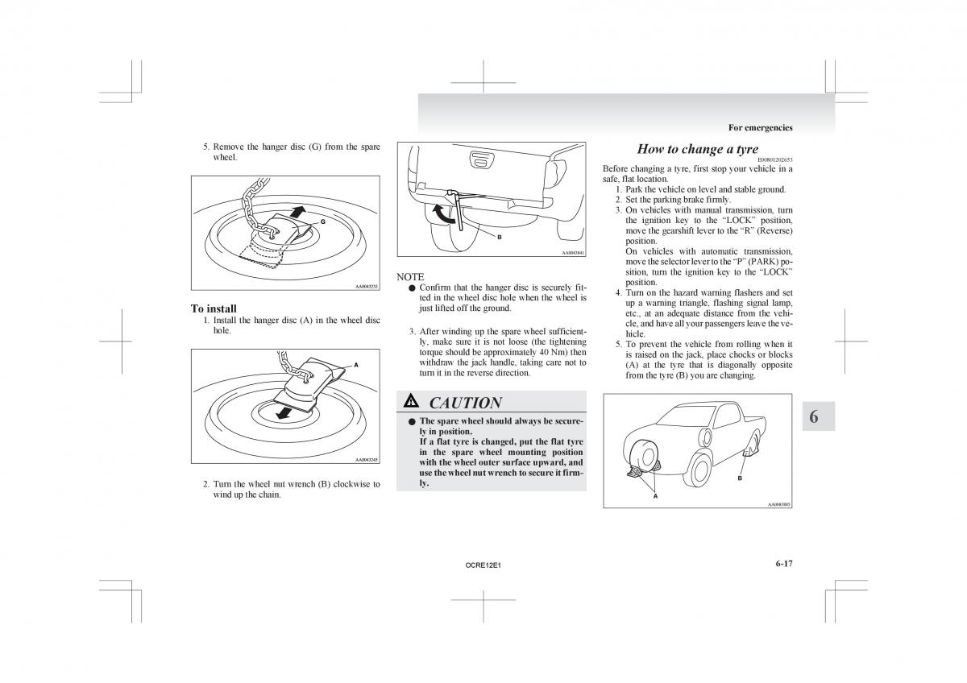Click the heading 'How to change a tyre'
[697, 149]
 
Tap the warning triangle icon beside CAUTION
[411, 401]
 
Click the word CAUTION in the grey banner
[465, 403]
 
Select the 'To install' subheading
[214, 308]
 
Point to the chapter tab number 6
[814, 416]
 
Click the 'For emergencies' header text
[760, 127]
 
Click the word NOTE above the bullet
[410, 276]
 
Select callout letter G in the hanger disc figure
[322, 221]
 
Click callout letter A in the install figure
[355, 365]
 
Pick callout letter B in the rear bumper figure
[499, 237]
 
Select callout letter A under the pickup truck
[655, 496]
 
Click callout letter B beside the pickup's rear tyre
[739, 479]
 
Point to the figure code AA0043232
[367, 286]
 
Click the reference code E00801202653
[775, 159]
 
